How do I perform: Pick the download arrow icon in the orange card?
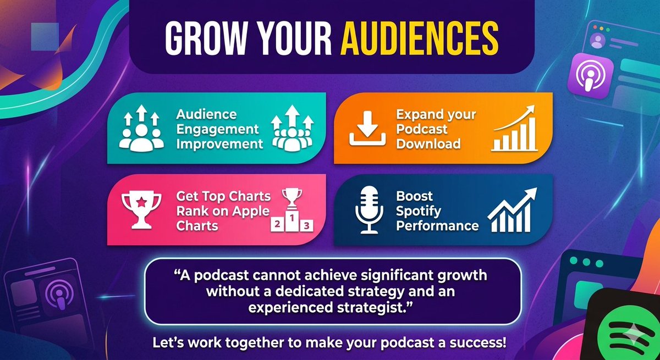367,130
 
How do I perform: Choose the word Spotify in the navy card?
418,211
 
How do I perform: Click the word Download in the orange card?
428,144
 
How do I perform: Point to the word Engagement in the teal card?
217,130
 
